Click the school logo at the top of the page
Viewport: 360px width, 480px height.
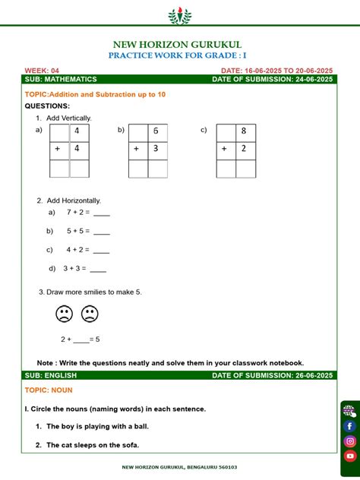[x=180, y=15]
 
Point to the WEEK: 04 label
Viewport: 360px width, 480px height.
[x=42, y=70]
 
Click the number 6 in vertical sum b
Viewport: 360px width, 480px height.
[x=157, y=131]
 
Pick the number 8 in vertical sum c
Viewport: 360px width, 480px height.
[x=244, y=131]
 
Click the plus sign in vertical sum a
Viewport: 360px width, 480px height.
[x=57, y=150]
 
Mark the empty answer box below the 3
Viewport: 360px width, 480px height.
[x=157, y=169]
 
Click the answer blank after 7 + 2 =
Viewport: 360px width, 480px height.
[x=101, y=213]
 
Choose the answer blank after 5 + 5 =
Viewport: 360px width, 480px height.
[x=101, y=232]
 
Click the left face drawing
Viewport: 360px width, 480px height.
[x=64, y=314]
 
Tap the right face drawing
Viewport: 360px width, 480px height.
[x=90, y=314]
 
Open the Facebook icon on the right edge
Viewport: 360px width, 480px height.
[x=350, y=426]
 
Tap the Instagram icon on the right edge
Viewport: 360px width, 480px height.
[x=350, y=441]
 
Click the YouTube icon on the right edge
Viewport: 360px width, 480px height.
[x=350, y=456]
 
